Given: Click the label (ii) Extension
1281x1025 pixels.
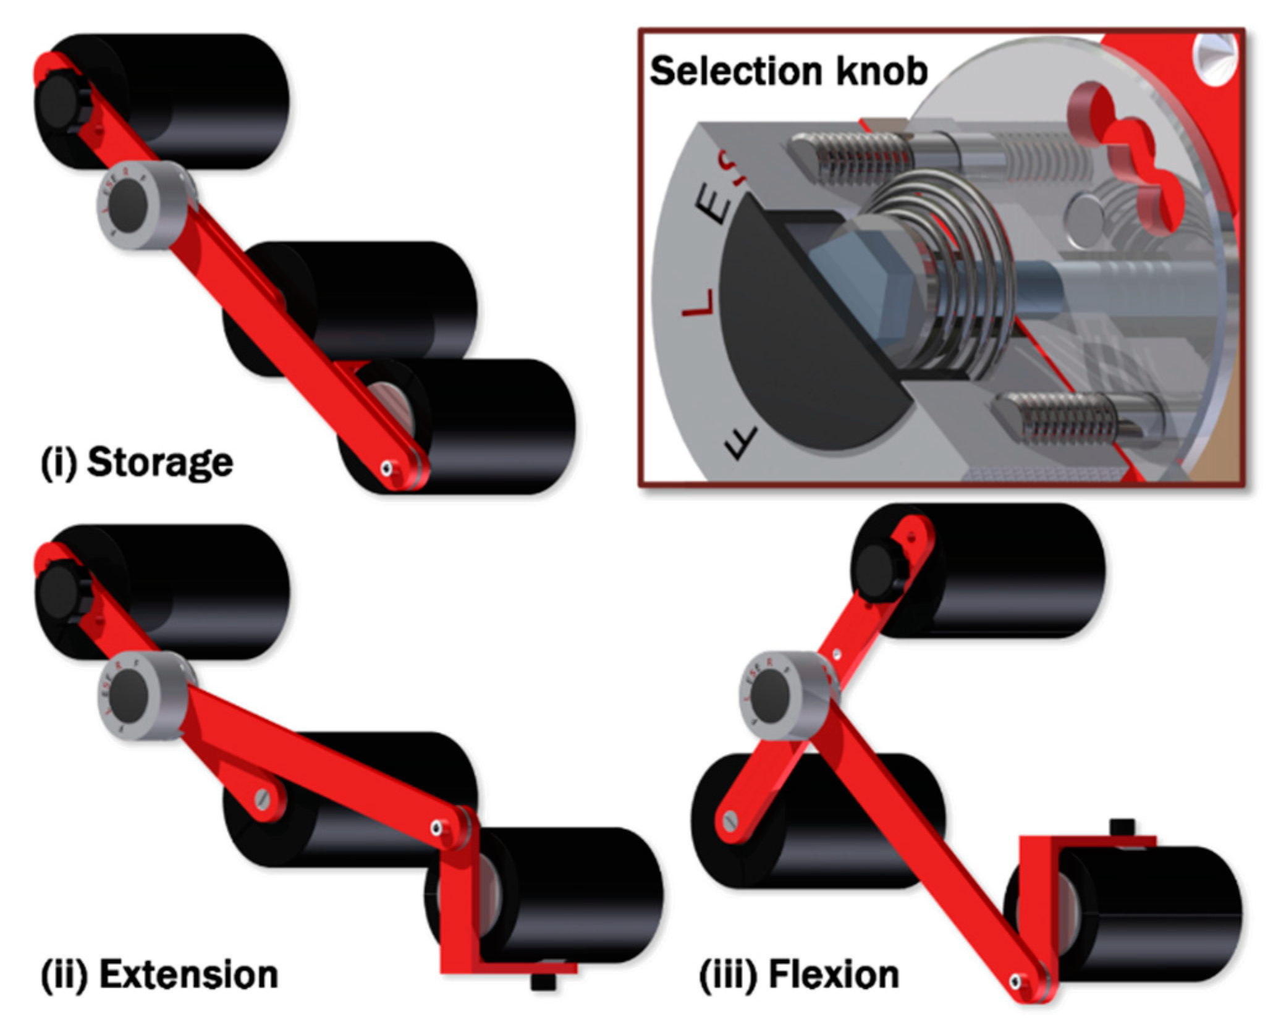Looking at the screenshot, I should click(x=159, y=974).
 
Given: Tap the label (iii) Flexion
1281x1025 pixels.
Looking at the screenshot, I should click(x=798, y=976).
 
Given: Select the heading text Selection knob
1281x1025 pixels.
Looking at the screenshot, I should click(x=788, y=71).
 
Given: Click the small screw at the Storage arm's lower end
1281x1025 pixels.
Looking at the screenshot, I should click(x=387, y=468).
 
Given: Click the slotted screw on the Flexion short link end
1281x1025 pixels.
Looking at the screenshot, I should click(x=730, y=821).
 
